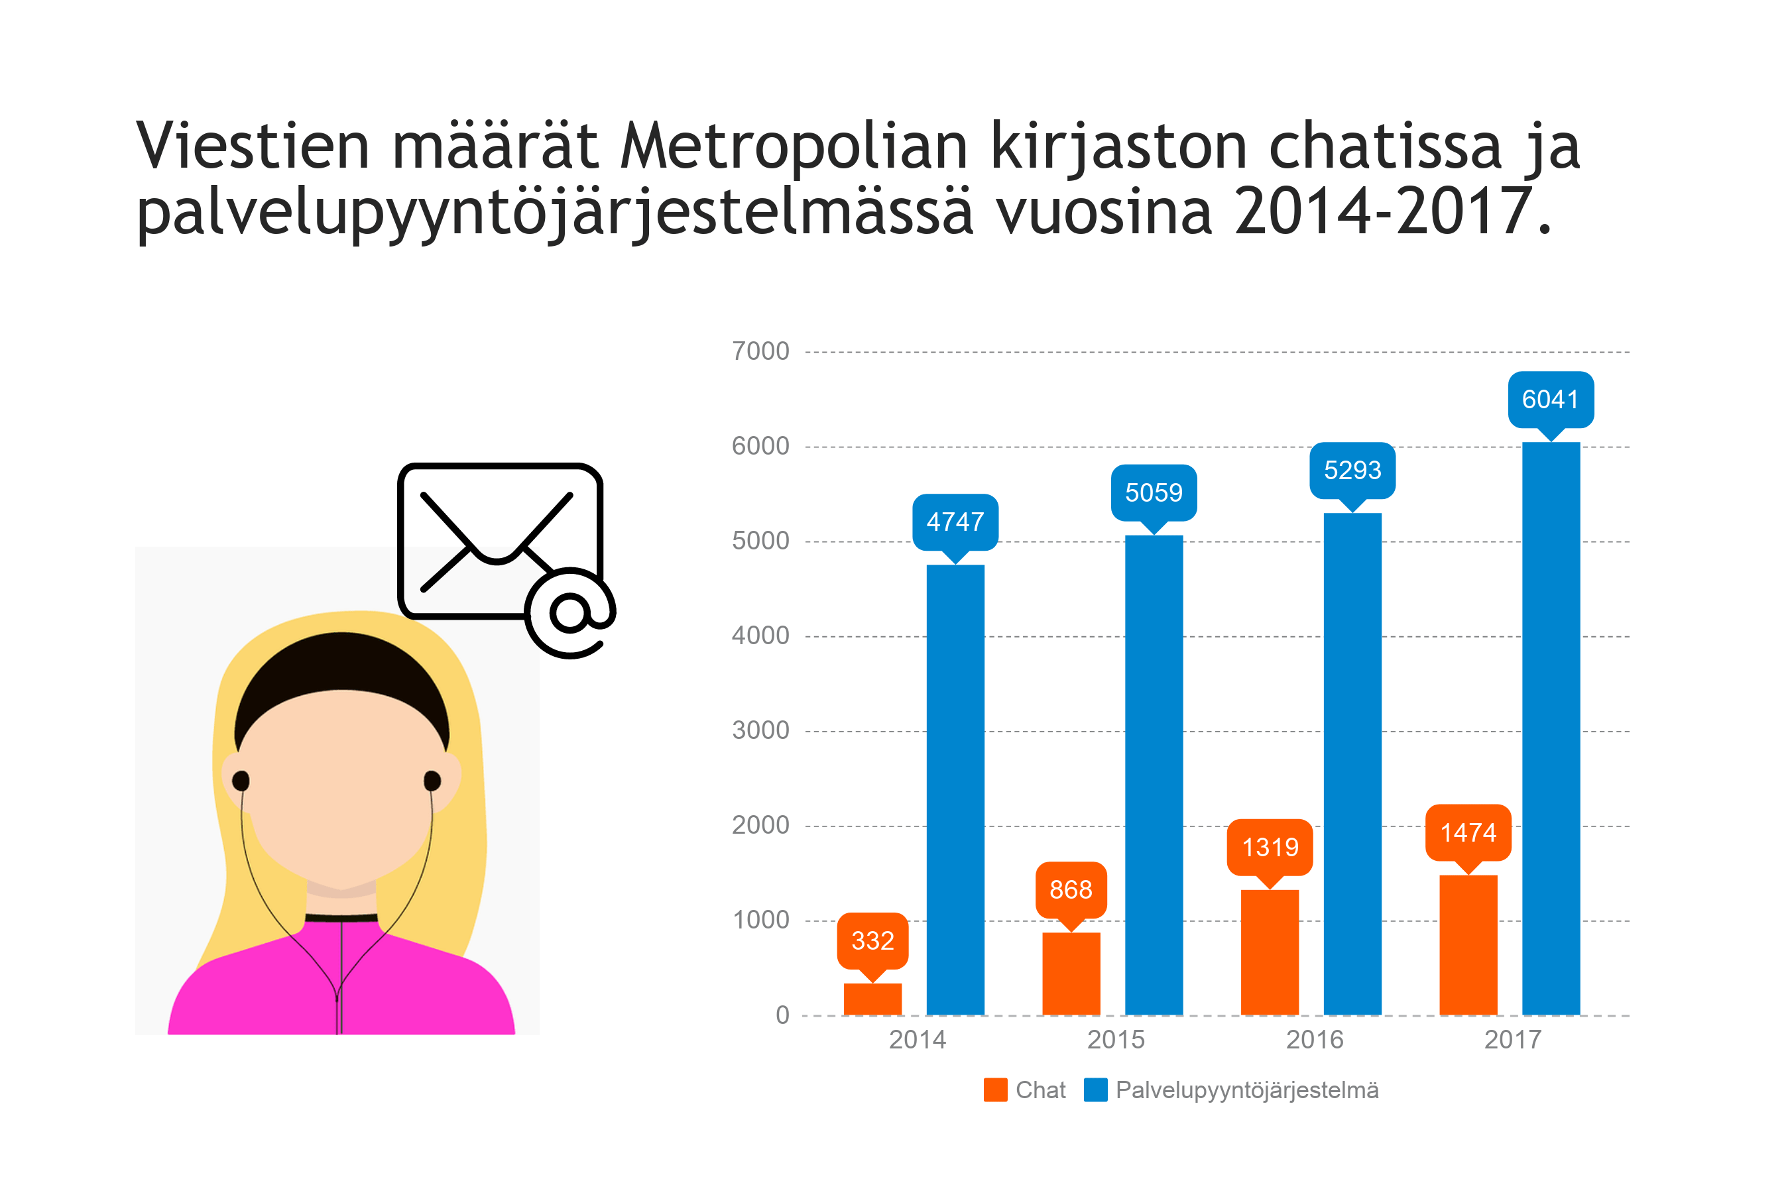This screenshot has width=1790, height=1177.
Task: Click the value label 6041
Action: [1550, 399]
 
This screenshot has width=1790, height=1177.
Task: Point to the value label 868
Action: [1070, 889]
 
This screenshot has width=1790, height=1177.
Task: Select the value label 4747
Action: [955, 522]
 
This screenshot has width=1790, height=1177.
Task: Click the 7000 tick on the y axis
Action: [760, 351]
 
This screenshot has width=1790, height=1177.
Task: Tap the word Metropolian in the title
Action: [794, 146]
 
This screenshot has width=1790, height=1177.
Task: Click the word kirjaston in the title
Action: [1118, 146]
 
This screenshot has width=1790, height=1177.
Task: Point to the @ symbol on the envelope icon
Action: [570, 612]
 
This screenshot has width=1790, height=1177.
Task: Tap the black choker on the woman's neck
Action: [341, 918]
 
